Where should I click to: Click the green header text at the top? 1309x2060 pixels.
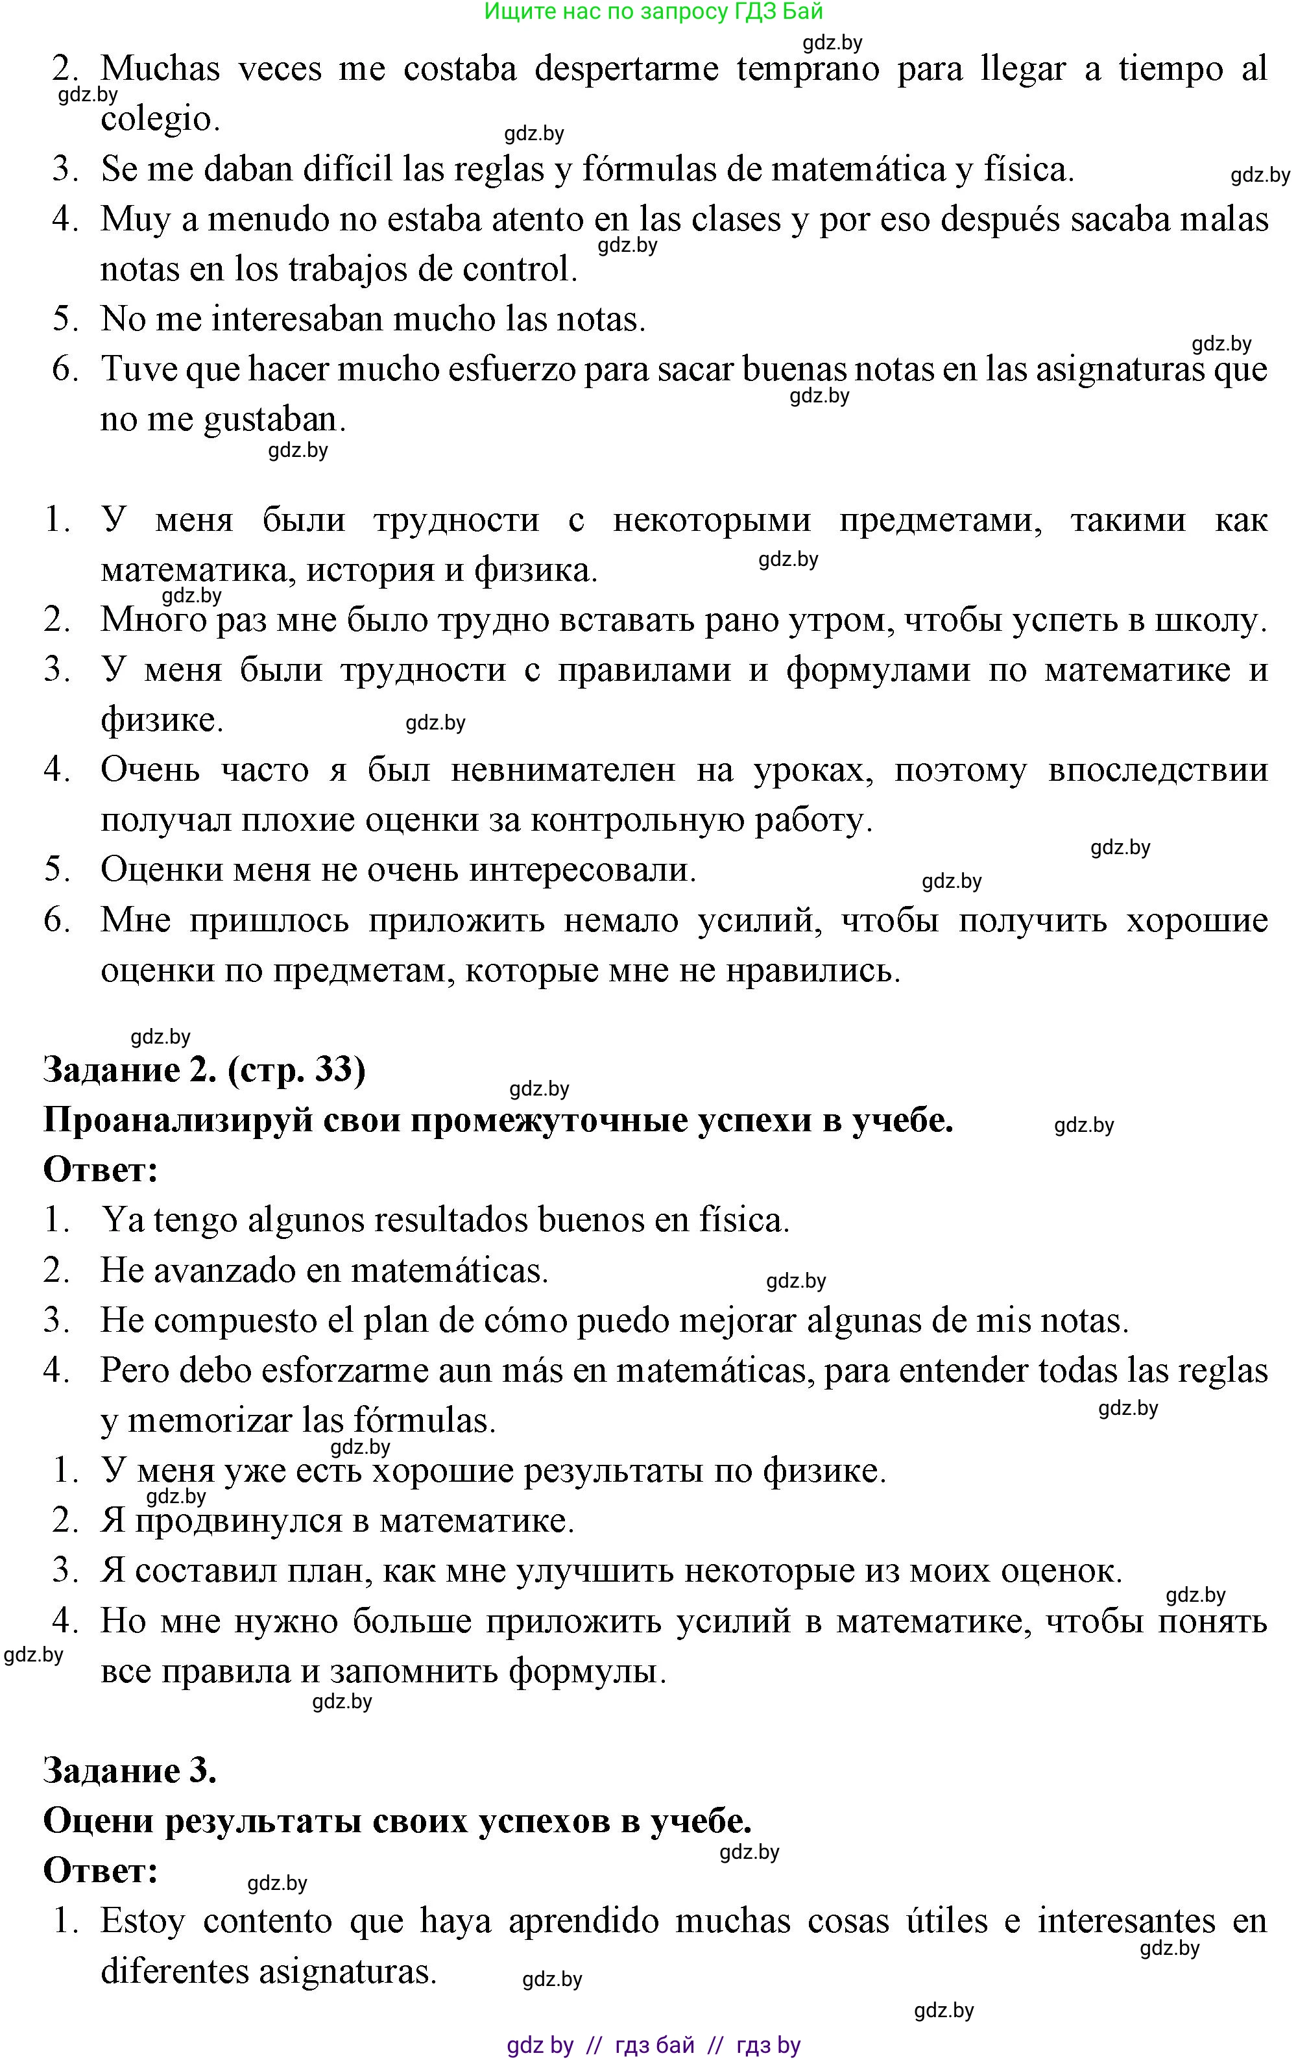click(653, 12)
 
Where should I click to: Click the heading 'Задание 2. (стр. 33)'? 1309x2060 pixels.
click(204, 1070)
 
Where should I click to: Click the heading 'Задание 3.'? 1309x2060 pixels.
click(129, 1770)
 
